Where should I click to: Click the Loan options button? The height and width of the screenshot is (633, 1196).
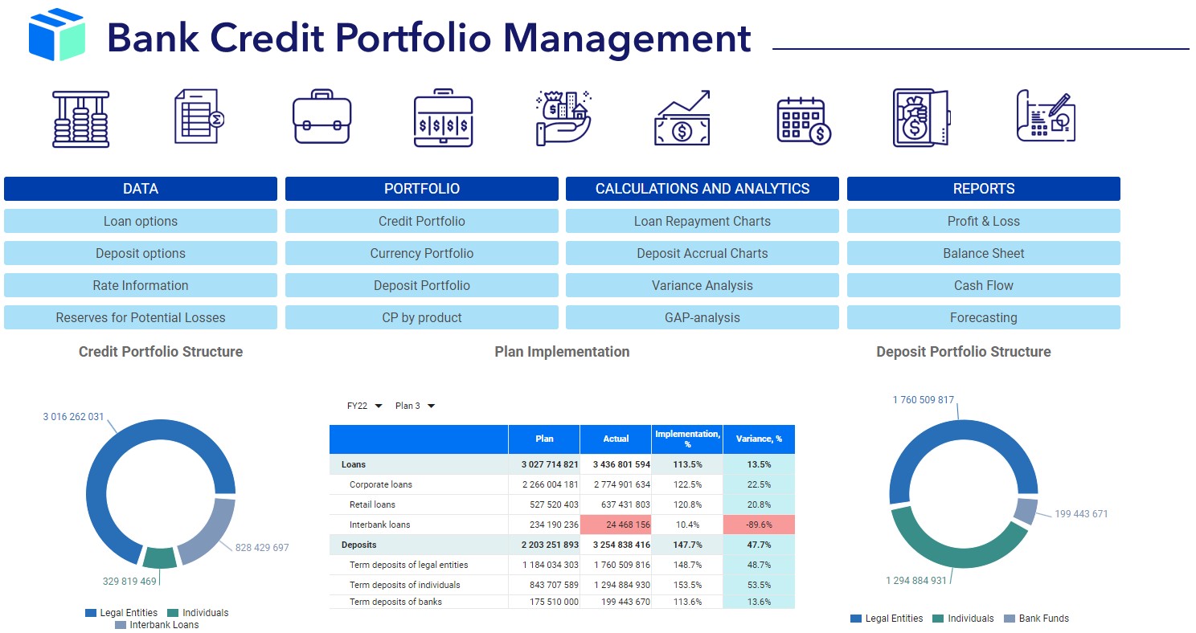pyautogui.click(x=141, y=221)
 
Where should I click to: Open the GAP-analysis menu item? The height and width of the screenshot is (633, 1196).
pyautogui.click(x=702, y=317)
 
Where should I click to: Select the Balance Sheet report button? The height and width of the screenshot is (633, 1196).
pyautogui.click(x=983, y=253)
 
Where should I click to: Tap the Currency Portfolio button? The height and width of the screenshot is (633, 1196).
pyautogui.click(x=421, y=253)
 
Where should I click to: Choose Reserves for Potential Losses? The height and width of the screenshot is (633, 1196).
pyautogui.click(x=141, y=317)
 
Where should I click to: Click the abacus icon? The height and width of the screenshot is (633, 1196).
pyautogui.click(x=80, y=119)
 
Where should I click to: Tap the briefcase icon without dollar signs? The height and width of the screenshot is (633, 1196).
pyautogui.click(x=322, y=118)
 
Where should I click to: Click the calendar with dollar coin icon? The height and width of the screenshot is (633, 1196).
pyautogui.click(x=803, y=120)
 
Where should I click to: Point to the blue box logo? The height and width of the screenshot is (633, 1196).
pyautogui.click(x=56, y=35)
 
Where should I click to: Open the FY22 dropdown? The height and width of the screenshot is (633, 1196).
pyautogui.click(x=364, y=406)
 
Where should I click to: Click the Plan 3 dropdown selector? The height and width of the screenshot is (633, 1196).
pyautogui.click(x=415, y=406)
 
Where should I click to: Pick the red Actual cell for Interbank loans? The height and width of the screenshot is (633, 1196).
pyautogui.click(x=616, y=525)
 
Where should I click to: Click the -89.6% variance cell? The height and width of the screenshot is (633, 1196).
pyautogui.click(x=759, y=525)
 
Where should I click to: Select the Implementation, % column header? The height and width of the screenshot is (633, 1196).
pyautogui.click(x=687, y=439)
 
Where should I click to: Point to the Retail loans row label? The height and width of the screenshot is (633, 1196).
pyautogui.click(x=372, y=504)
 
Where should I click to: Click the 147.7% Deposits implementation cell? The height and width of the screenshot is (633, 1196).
pyautogui.click(x=687, y=545)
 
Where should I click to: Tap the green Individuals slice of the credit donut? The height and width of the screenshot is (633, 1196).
pyautogui.click(x=160, y=557)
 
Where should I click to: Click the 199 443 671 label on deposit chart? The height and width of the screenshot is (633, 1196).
pyautogui.click(x=1080, y=514)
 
